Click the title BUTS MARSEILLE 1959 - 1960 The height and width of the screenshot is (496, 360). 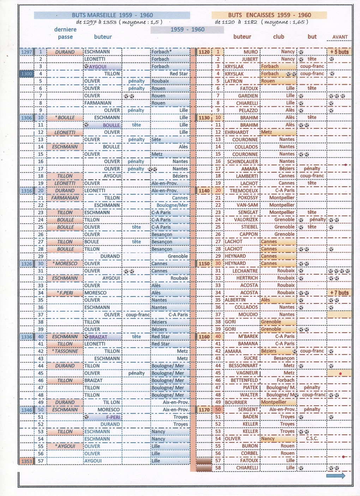112,15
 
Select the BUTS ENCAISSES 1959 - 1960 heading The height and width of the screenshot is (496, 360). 269,15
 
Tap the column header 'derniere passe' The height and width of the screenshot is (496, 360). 65,33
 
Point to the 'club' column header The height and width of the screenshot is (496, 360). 278,37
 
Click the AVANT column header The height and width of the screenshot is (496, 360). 340,37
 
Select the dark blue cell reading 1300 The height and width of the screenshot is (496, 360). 26,74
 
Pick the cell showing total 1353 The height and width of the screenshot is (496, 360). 26,461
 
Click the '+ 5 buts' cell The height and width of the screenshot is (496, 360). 339,52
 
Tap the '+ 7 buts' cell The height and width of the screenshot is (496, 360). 339,293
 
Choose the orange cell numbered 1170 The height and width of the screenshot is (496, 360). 204,410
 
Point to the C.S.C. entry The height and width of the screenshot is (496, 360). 312,439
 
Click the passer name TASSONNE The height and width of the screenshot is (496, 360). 66,351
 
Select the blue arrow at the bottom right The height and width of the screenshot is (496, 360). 336,476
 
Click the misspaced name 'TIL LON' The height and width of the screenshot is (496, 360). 112,402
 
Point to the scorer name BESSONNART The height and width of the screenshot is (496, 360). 244,366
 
